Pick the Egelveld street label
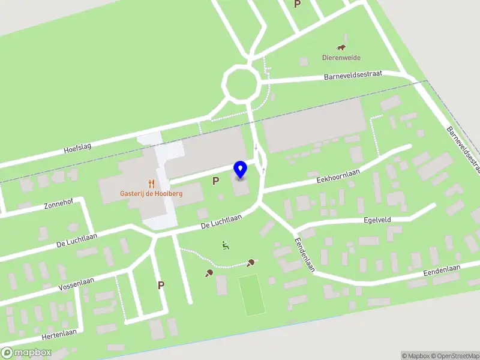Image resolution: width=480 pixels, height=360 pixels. (x=377, y=220)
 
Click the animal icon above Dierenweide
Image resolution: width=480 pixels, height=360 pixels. (x=341, y=48)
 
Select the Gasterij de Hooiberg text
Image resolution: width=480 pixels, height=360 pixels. (x=151, y=194)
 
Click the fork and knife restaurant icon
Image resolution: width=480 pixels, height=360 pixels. (x=151, y=184)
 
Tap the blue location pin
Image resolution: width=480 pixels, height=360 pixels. (x=240, y=170)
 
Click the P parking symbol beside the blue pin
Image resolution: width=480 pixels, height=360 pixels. (x=215, y=181)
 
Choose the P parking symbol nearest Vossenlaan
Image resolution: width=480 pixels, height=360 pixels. (x=161, y=285)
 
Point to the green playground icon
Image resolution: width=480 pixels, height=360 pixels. (x=226, y=245)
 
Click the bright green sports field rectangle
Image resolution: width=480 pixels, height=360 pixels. (x=251, y=294)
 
